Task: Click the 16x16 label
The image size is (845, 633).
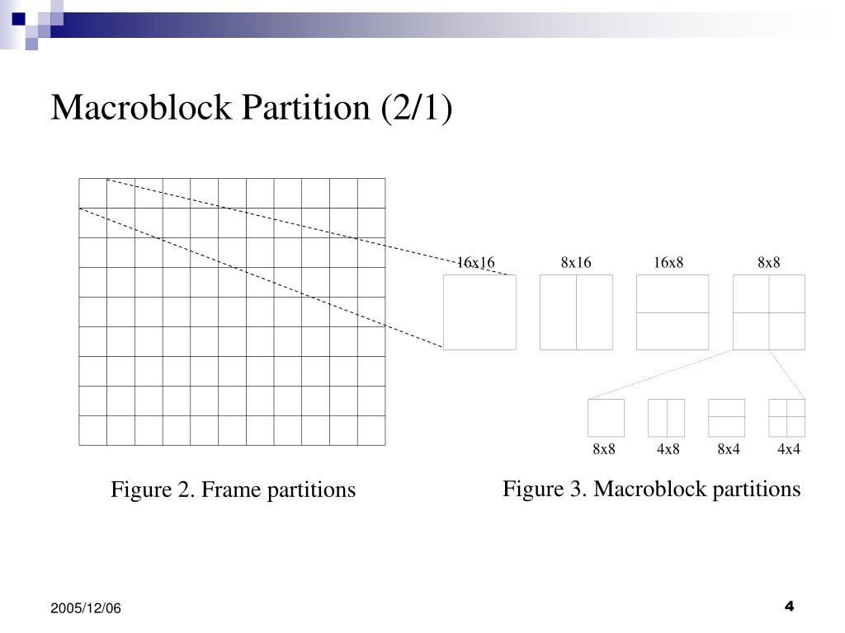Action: click(476, 262)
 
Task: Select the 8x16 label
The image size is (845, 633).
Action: click(576, 262)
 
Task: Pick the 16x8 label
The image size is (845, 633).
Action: click(669, 262)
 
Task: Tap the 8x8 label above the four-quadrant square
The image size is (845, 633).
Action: click(769, 262)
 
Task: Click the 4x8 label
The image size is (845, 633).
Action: click(668, 449)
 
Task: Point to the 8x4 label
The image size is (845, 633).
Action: click(729, 449)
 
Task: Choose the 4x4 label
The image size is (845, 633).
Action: click(789, 449)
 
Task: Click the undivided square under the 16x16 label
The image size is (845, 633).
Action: click(479, 312)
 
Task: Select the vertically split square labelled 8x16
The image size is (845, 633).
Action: click(576, 312)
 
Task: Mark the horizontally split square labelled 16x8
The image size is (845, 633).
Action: click(673, 312)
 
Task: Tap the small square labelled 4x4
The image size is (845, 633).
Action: click(786, 418)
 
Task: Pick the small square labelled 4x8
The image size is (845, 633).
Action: click(666, 418)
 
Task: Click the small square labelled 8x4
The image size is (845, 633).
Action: click(726, 418)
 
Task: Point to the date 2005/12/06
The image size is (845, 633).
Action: click(85, 608)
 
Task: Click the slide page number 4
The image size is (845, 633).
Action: click(789, 607)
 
